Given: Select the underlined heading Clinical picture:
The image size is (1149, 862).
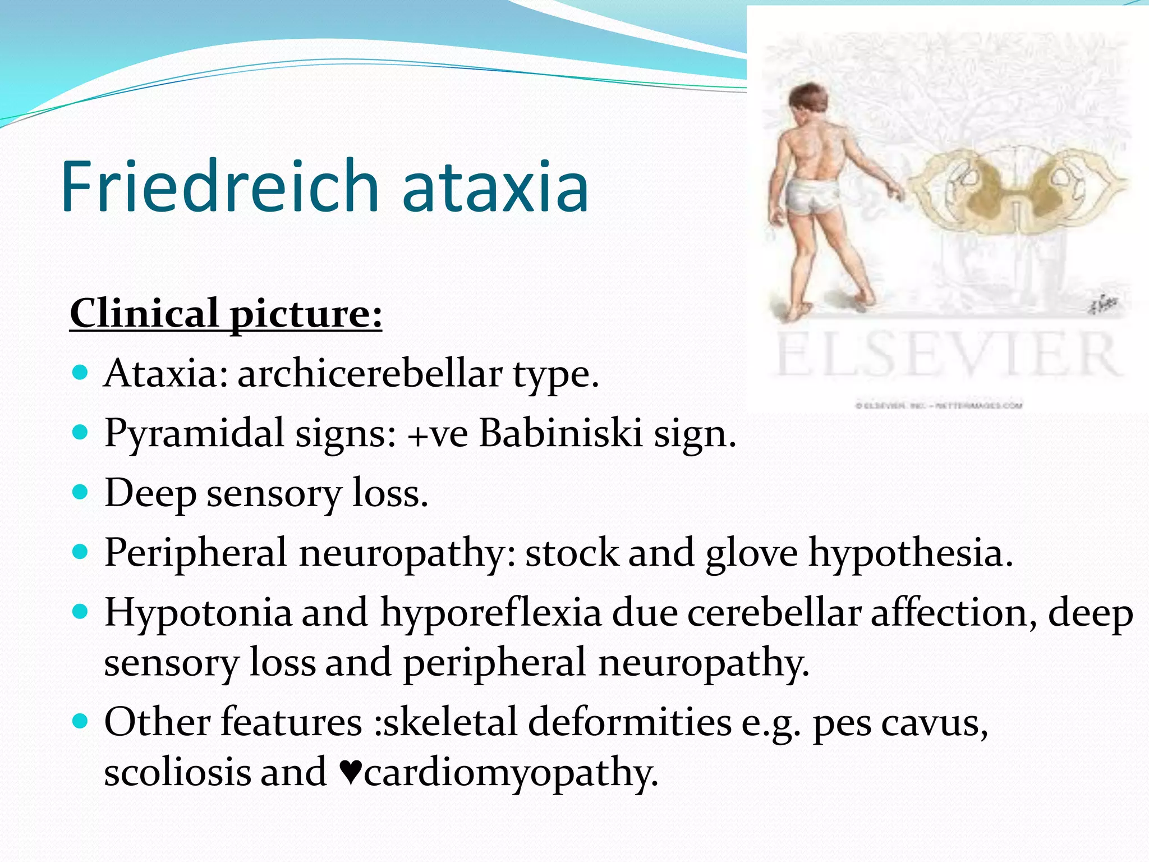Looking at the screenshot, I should tap(226, 314).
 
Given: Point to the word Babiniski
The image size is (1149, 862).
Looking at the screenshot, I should tap(560, 434).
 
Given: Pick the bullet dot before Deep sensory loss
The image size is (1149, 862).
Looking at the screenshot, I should tap(81, 492).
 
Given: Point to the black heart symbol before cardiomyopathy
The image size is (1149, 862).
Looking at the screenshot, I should tap(351, 773).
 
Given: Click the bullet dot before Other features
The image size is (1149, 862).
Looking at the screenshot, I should tap(81, 721).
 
